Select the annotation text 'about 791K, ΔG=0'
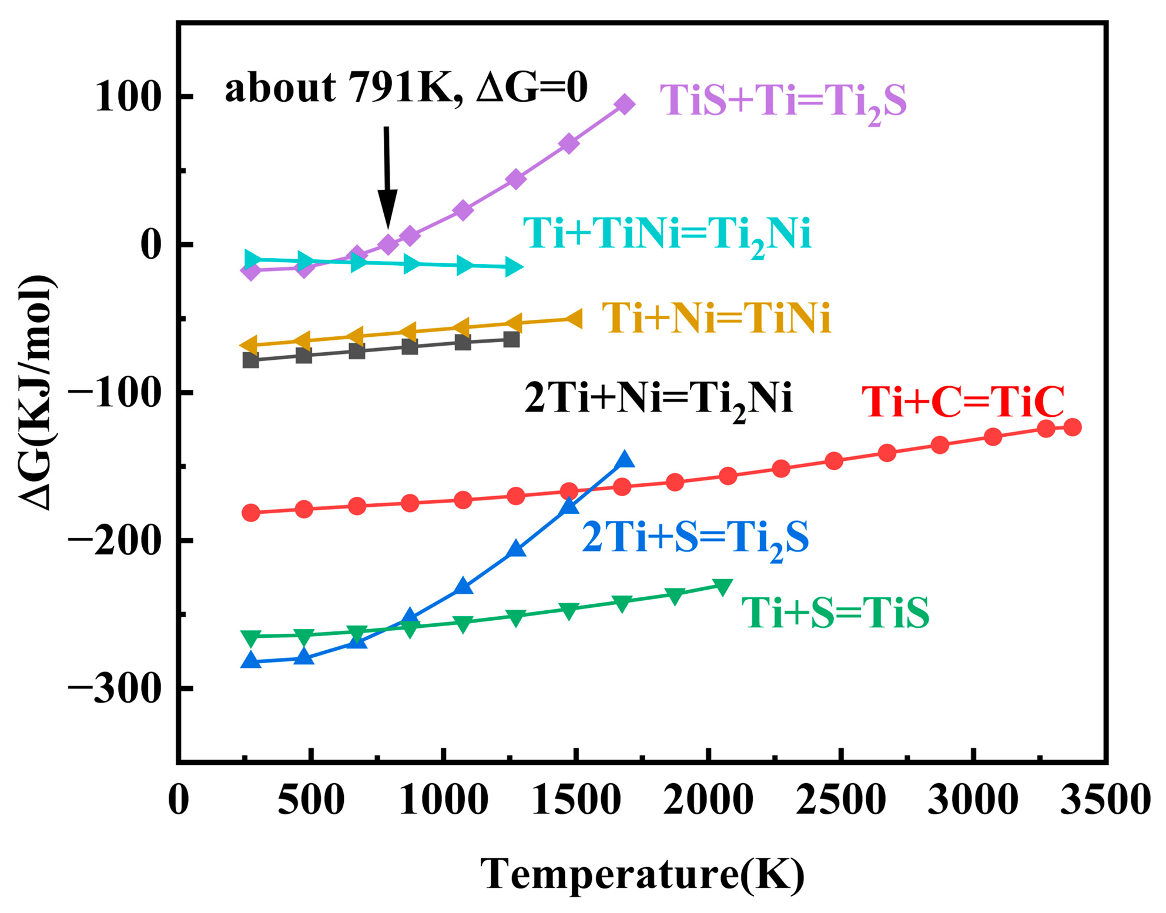pyautogui.click(x=406, y=88)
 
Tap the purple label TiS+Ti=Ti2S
pyautogui.click(x=782, y=102)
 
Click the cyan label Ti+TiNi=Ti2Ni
pyautogui.click(x=667, y=235)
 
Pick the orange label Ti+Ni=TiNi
pyautogui.click(x=716, y=319)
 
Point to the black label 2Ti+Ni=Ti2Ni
pyautogui.click(x=658, y=399)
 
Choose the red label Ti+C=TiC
pyautogui.click(x=963, y=403)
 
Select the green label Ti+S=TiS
pyautogui.click(x=835, y=613)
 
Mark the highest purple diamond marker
pyautogui.click(x=624, y=105)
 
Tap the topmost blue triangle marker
pyautogui.click(x=624, y=460)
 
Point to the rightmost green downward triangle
pyautogui.click(x=723, y=587)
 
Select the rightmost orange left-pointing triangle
pyautogui.click(x=572, y=319)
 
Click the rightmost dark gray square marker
pyautogui.click(x=511, y=339)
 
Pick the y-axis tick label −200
pyautogui.click(x=114, y=540)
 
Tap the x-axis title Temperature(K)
pyautogui.click(x=642, y=875)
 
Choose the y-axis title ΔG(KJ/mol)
pyautogui.click(x=36, y=392)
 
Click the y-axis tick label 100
pyautogui.click(x=128, y=97)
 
